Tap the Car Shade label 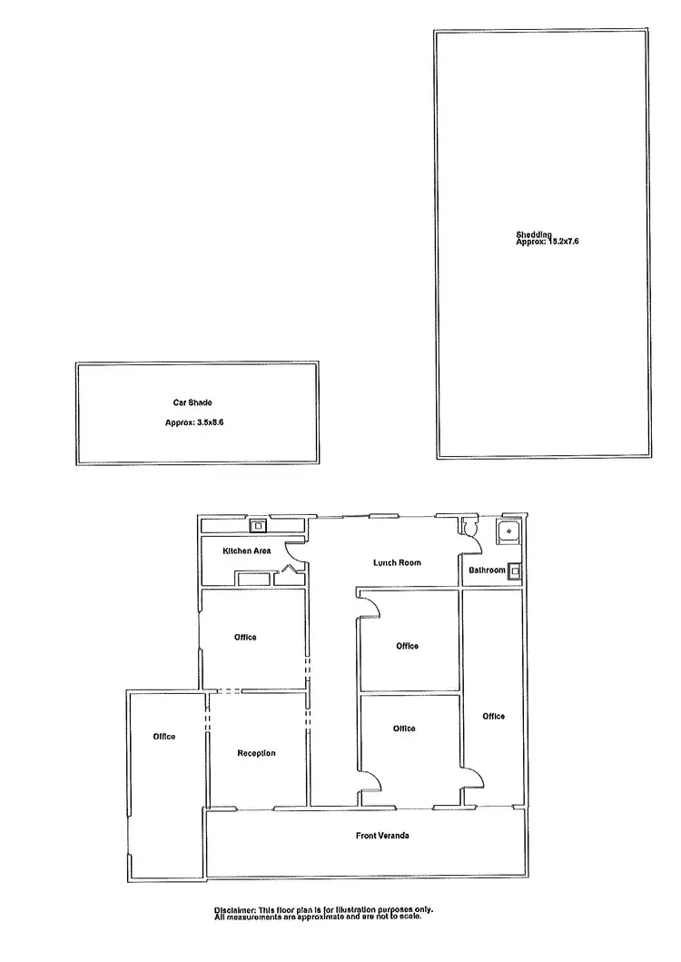tap(193, 402)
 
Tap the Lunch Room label tap(398, 562)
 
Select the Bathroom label tap(487, 570)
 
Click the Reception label tap(256, 753)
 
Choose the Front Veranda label tap(382, 835)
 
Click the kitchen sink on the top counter tap(259, 524)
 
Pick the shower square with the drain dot tap(509, 531)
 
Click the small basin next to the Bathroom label tap(515, 570)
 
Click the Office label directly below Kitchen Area tap(245, 637)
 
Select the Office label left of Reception tap(164, 736)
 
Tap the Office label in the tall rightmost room tap(493, 717)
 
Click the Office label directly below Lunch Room tap(407, 646)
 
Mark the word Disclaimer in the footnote tap(235, 909)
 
